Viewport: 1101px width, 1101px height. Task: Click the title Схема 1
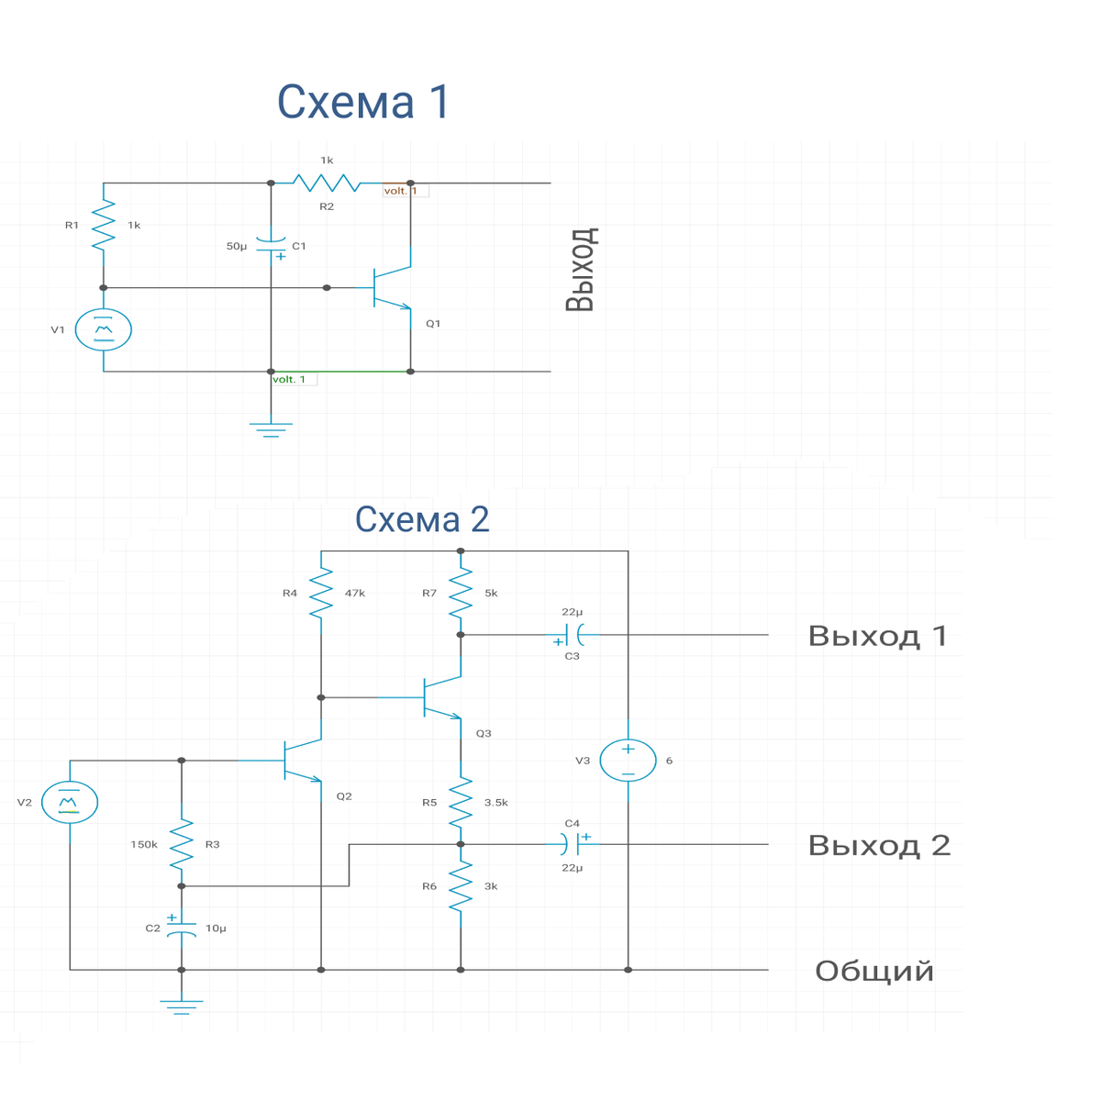tap(362, 102)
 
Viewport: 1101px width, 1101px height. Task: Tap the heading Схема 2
tap(422, 519)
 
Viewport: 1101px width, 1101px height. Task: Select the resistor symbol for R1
tap(104, 225)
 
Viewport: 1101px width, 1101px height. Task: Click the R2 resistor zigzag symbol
tap(327, 183)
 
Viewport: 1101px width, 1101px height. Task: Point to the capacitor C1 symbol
tap(271, 246)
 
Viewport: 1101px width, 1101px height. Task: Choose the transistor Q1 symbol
tap(392, 288)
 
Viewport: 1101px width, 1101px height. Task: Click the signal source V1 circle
tap(104, 329)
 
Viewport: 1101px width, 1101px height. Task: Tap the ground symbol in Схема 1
tap(271, 429)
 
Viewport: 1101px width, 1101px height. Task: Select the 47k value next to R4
tap(355, 593)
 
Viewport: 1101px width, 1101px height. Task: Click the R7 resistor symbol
tap(461, 593)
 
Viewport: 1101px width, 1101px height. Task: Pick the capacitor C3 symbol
tap(573, 635)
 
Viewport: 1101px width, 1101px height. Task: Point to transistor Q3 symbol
tap(441, 697)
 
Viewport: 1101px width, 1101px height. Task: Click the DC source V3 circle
tap(628, 761)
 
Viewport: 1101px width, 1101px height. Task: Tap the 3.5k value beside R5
tap(496, 802)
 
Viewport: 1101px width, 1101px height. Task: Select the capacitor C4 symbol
tap(573, 844)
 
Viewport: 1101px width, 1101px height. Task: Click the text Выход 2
tap(879, 845)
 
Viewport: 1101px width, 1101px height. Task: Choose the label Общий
tap(874, 972)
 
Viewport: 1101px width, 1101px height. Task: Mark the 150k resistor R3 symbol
tap(182, 844)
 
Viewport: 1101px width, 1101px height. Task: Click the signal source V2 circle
tap(70, 802)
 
